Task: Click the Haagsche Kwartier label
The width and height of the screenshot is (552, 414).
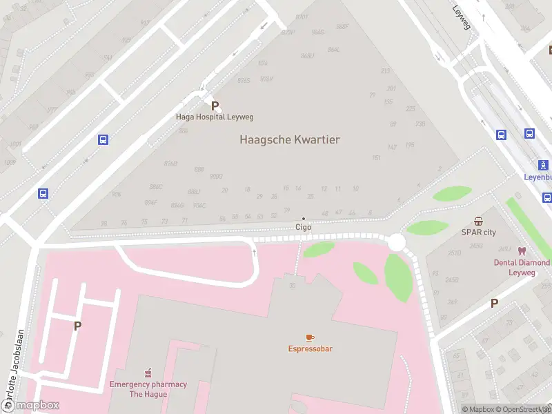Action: pyautogui.click(x=290, y=139)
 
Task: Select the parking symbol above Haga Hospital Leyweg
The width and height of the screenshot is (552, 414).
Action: pyautogui.click(x=215, y=106)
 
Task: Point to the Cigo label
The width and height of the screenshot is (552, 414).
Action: pyautogui.click(x=304, y=227)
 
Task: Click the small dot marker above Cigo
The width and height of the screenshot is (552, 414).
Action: pyautogui.click(x=304, y=219)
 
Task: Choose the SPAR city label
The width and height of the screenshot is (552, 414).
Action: pyautogui.click(x=479, y=233)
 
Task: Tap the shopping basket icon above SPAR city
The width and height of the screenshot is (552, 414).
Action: pyautogui.click(x=479, y=221)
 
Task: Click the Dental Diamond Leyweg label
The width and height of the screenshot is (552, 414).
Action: pyautogui.click(x=522, y=267)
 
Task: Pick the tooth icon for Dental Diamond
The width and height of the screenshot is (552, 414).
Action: pyautogui.click(x=522, y=252)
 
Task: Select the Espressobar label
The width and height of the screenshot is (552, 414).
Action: pyautogui.click(x=310, y=348)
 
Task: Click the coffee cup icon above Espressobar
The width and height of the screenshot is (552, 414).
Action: pyautogui.click(x=310, y=337)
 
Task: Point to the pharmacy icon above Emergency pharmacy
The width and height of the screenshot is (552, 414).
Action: pyautogui.click(x=148, y=373)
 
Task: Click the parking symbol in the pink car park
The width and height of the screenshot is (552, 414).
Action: pyautogui.click(x=77, y=326)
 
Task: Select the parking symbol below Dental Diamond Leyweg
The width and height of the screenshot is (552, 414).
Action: pyautogui.click(x=494, y=303)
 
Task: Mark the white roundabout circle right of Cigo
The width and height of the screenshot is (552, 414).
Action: pyautogui.click(x=396, y=243)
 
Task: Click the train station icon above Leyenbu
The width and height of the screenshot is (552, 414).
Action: pyautogui.click(x=544, y=165)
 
